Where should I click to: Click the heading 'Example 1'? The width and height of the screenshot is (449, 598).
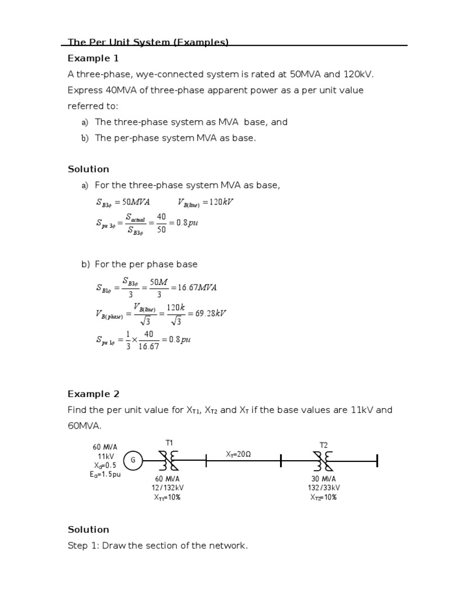tap(93, 58)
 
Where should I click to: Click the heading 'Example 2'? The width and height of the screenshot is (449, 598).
tap(93, 394)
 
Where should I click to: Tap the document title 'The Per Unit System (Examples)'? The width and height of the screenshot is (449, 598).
tap(148, 42)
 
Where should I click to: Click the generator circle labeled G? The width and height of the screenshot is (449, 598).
tap(133, 460)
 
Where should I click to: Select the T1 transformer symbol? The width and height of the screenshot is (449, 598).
tap(169, 460)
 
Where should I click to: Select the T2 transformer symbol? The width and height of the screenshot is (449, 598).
tap(324, 460)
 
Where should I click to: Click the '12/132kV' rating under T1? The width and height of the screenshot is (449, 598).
tap(169, 488)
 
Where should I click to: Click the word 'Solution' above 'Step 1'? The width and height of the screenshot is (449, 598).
tap(88, 529)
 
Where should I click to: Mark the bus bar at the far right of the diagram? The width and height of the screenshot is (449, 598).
tap(377, 460)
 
